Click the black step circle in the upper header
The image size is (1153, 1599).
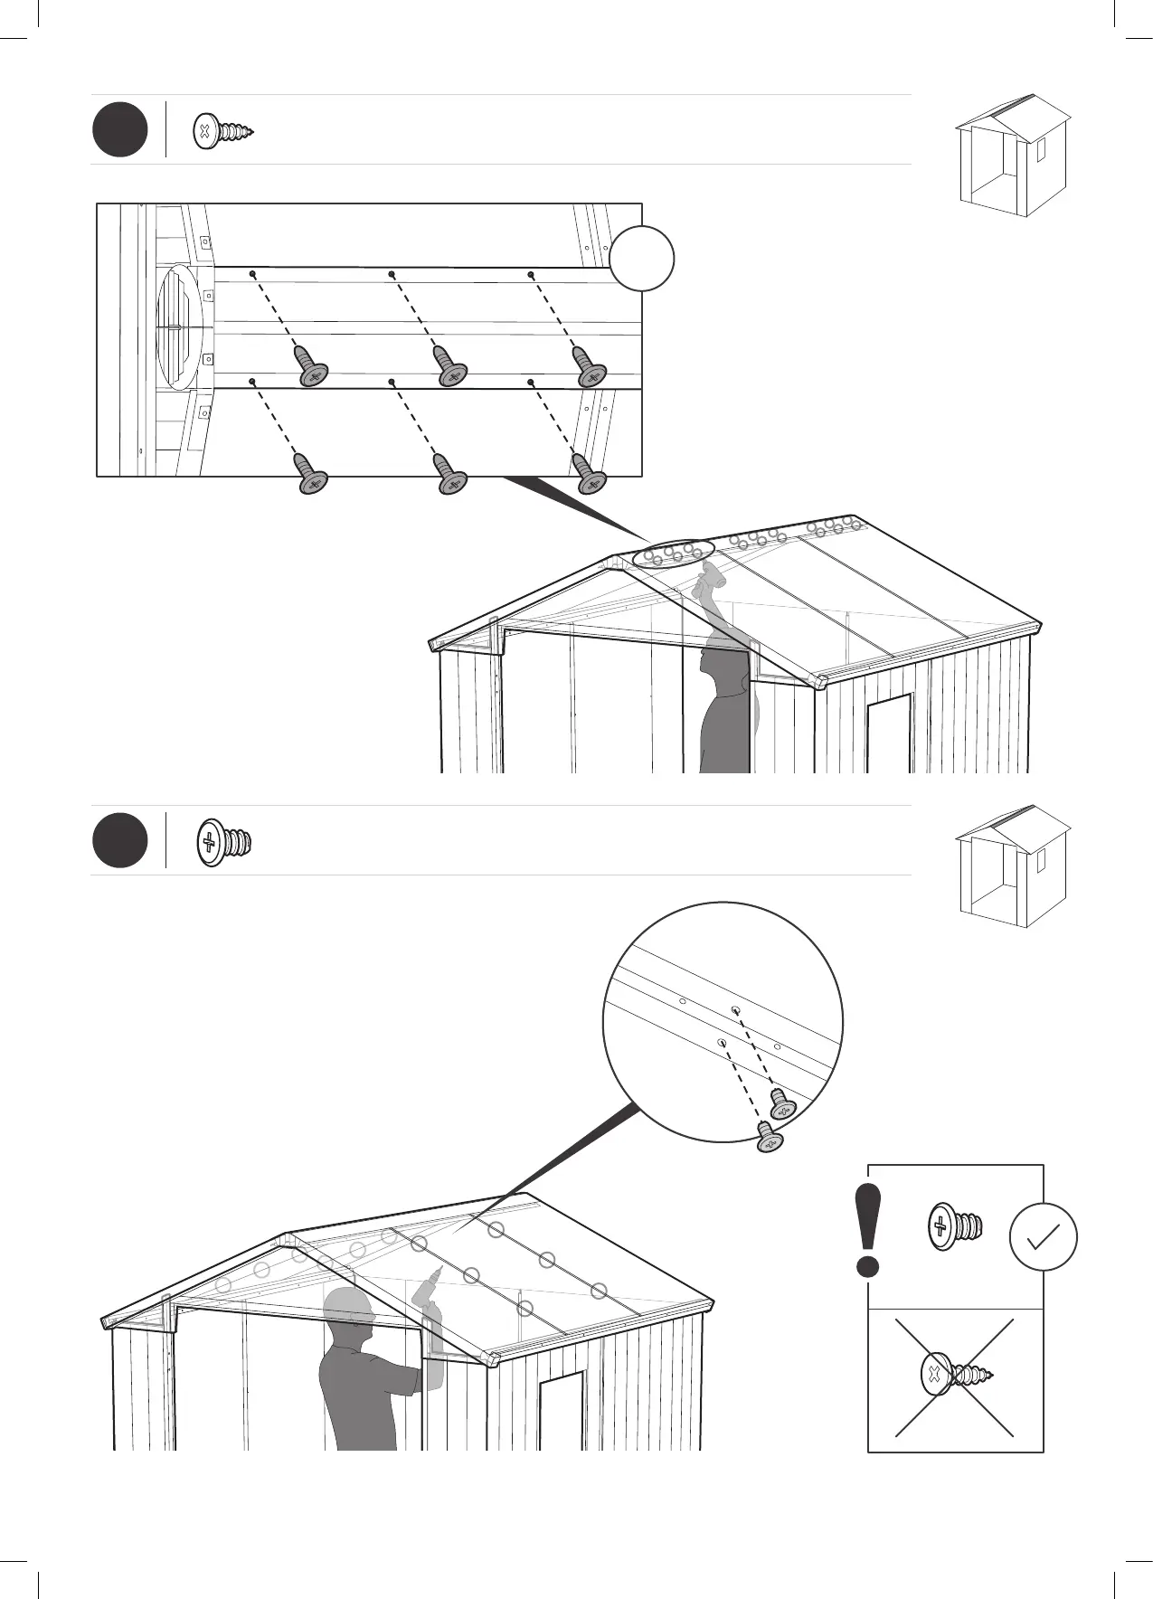click(x=120, y=130)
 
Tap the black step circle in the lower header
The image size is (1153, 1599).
click(x=120, y=841)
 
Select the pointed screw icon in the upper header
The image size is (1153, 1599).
click(x=223, y=132)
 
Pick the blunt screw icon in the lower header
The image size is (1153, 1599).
click(x=223, y=843)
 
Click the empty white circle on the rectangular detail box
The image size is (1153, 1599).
click(x=641, y=258)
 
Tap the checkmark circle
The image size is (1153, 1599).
click(x=1043, y=1236)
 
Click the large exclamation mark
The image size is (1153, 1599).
click(x=868, y=1231)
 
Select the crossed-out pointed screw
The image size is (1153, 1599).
click(x=955, y=1376)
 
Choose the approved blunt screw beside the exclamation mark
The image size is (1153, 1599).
click(x=955, y=1227)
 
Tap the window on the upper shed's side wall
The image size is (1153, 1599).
click(x=889, y=733)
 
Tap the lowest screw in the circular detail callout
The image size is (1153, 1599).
click(x=770, y=1139)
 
